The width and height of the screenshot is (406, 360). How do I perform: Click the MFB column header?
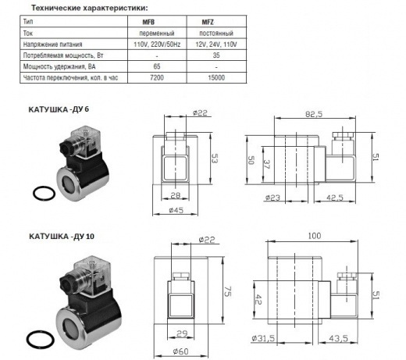click(x=148, y=22)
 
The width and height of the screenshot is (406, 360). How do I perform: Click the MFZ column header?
click(x=208, y=22)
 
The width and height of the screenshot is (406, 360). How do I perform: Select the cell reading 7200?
click(x=157, y=77)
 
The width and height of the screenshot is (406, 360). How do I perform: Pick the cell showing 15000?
click(x=216, y=77)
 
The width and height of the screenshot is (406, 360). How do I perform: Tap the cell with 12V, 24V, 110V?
click(x=216, y=45)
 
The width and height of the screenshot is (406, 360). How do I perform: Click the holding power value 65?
click(x=157, y=66)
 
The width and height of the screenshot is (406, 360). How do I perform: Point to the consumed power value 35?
click(x=216, y=55)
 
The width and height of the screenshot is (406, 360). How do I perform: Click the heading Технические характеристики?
click(x=89, y=8)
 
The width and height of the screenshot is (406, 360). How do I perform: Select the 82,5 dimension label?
click(x=314, y=114)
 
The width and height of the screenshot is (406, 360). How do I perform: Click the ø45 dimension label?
click(x=176, y=210)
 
